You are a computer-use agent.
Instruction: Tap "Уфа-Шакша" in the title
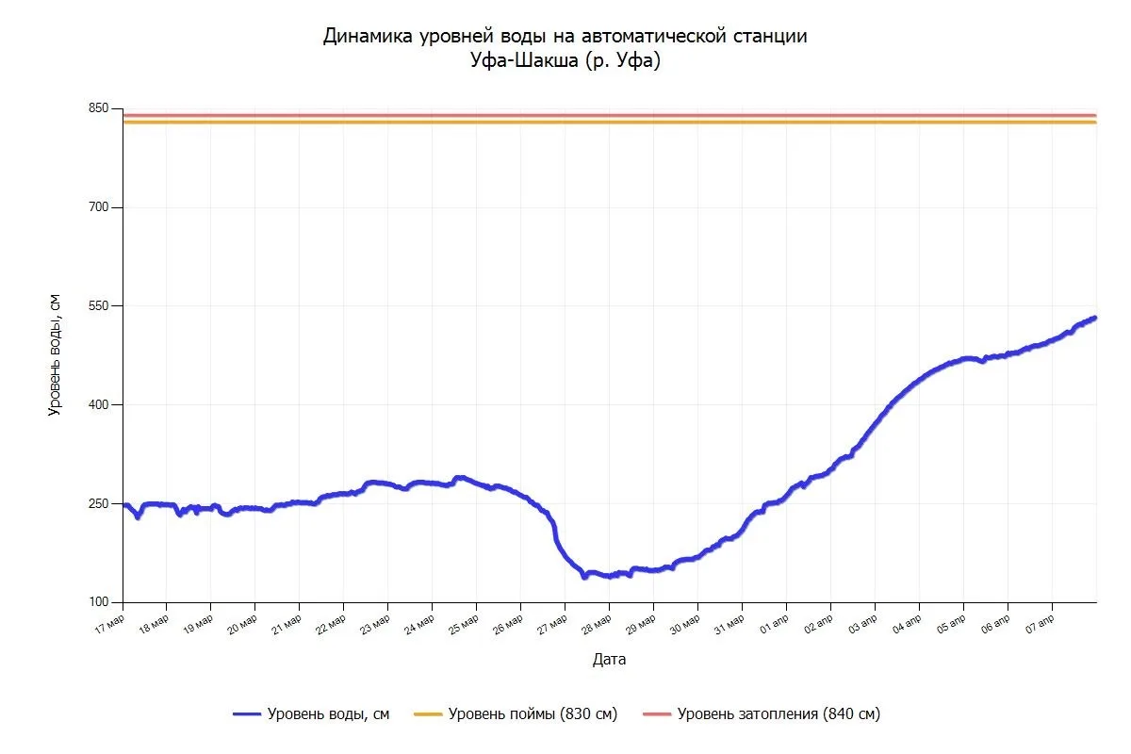tap(521, 61)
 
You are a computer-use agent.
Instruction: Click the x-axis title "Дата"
tap(609, 660)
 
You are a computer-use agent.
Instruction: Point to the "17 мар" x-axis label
tap(110, 626)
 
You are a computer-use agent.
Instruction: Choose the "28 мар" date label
tap(598, 626)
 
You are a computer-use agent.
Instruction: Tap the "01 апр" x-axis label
tap(775, 626)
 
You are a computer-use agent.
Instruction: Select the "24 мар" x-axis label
tap(420, 626)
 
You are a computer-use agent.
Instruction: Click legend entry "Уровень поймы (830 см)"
tap(533, 714)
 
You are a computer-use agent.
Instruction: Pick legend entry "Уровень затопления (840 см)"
tap(778, 714)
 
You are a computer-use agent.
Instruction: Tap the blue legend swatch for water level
tap(247, 714)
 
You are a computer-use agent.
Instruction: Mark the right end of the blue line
tap(1095, 318)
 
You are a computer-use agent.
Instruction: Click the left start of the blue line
tap(124, 505)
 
